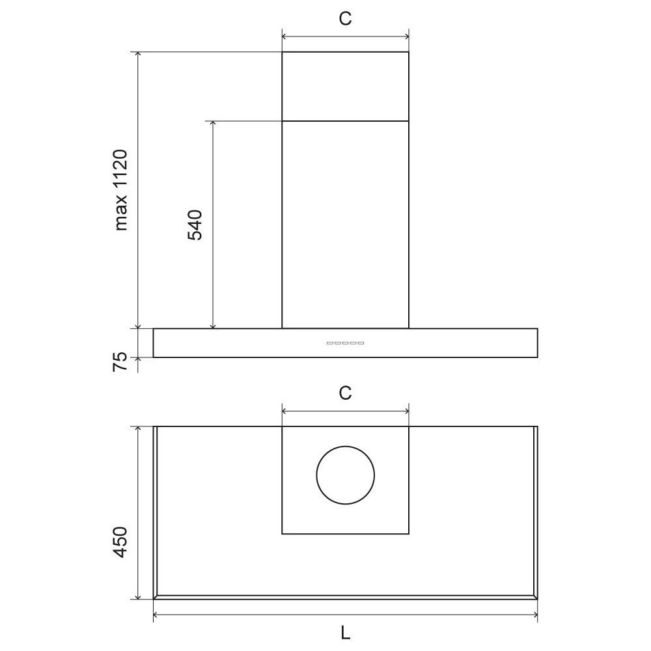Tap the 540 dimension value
(196, 225)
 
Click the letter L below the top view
(346, 631)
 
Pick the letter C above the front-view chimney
(345, 19)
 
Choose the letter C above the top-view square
(345, 393)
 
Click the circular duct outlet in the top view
(345, 475)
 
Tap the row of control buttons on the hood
(345, 343)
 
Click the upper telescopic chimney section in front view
(345, 87)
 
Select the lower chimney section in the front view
(345, 225)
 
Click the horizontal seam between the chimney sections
(345, 121)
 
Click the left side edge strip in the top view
(156, 511)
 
